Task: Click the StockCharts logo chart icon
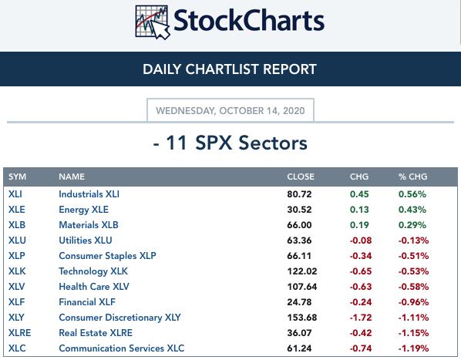coord(153,22)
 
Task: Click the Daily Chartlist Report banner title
coord(230,69)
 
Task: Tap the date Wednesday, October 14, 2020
coord(230,111)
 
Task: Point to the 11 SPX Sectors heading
coord(230,143)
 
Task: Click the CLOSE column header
coord(301,177)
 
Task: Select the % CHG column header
coord(412,177)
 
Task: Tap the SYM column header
coord(18,177)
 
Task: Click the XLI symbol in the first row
coord(15,194)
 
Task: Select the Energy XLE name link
coord(83,210)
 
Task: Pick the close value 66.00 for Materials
coord(299,225)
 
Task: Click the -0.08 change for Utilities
coord(361,241)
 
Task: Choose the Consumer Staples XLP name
coord(107,256)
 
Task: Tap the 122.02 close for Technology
coord(302,271)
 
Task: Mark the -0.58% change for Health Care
coord(413,287)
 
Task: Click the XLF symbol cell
coord(16,302)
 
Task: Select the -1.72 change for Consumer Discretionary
coord(361,318)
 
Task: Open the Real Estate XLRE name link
coord(96,333)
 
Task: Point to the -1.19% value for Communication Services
coord(413,348)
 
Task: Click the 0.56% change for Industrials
coord(412,194)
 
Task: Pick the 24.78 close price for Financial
coord(299,302)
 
